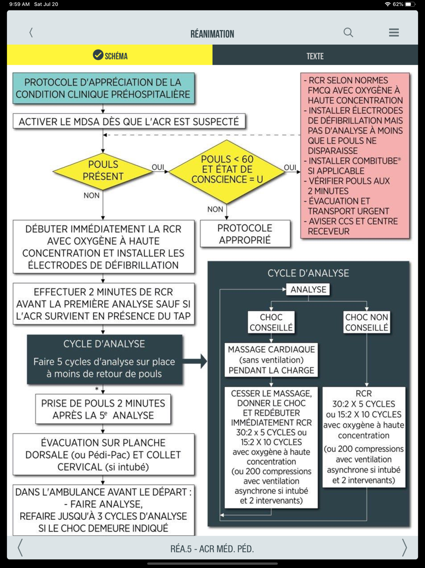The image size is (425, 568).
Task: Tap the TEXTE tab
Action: click(x=315, y=56)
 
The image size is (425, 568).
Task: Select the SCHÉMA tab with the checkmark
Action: click(x=110, y=55)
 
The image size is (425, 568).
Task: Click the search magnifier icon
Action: click(x=348, y=32)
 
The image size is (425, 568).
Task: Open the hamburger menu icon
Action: click(x=394, y=32)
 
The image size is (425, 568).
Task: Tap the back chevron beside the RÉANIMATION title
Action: click(x=31, y=32)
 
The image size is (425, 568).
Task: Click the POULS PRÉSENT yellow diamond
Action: click(x=103, y=171)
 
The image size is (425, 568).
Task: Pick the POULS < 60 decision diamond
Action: click(x=227, y=169)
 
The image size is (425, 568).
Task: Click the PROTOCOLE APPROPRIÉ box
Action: click(x=245, y=234)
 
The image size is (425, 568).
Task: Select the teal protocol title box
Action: click(x=103, y=89)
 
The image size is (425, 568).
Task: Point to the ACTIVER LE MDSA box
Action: click(x=129, y=122)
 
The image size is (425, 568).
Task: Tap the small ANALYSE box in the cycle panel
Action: click(x=308, y=290)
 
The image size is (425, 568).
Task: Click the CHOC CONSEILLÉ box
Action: click(x=271, y=322)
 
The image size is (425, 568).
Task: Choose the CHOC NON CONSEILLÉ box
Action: click(x=366, y=322)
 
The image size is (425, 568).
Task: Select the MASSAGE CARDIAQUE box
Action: click(x=271, y=360)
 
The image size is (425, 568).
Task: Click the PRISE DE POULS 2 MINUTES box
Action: click(x=103, y=409)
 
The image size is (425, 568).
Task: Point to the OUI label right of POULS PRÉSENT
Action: click(x=158, y=167)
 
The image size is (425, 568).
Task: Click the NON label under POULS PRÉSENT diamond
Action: click(x=91, y=195)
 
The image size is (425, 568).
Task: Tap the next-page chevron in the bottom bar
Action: click(x=404, y=548)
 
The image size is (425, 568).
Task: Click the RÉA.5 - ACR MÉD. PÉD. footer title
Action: click(x=212, y=549)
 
